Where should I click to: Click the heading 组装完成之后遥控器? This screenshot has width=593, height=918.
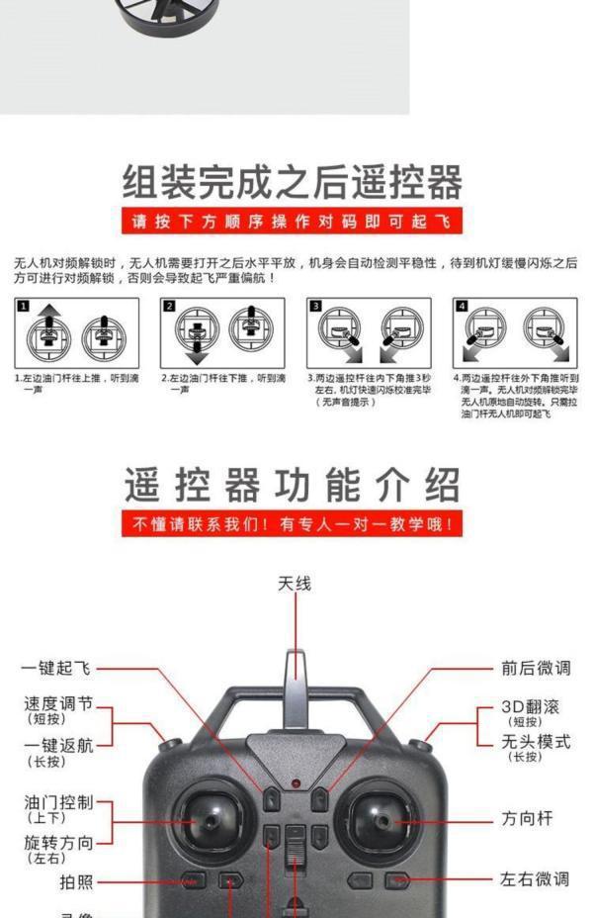(293, 183)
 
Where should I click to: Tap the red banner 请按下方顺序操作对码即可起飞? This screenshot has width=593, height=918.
(293, 221)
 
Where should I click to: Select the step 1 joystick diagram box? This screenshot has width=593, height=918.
(77, 331)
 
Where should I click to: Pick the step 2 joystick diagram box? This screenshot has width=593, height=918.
(222, 331)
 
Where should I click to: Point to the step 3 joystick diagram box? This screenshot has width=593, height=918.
(369, 331)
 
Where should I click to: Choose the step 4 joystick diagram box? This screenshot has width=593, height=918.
(515, 331)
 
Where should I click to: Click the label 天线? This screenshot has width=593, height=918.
(295, 584)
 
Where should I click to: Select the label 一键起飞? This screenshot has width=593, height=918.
(56, 669)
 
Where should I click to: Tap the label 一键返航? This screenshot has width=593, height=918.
(58, 745)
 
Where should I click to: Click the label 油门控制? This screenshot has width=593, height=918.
(58, 802)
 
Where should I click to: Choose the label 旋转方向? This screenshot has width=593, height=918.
(58, 843)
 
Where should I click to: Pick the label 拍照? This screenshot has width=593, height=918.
(76, 881)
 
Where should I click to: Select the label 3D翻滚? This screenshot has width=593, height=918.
(531, 707)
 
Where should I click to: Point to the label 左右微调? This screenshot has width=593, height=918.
(535, 878)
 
